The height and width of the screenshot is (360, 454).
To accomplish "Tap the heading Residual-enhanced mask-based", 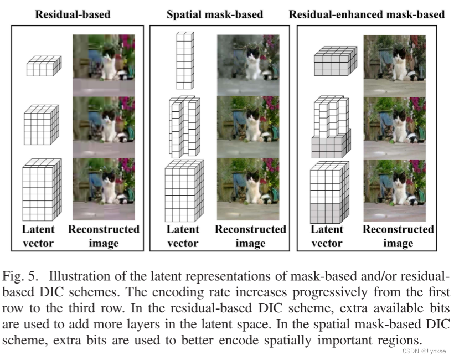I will coord(367,14).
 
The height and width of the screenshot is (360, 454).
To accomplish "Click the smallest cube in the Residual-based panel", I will coord(43,67).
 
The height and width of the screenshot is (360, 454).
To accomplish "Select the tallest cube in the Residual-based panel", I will coord(40,189).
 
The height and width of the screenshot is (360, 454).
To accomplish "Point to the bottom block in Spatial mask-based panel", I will coord(184,191).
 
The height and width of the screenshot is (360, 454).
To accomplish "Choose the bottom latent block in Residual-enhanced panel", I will coord(331,192).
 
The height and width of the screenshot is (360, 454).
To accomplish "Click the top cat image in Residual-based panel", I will coord(104,65).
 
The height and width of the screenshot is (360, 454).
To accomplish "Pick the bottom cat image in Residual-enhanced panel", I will coord(395,191).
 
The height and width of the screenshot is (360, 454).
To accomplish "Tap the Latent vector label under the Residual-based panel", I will coord(38,236).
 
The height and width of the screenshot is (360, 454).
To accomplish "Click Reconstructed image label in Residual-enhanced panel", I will coord(398,236).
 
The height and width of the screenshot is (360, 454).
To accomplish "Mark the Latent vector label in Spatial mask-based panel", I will coord(183,236).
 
